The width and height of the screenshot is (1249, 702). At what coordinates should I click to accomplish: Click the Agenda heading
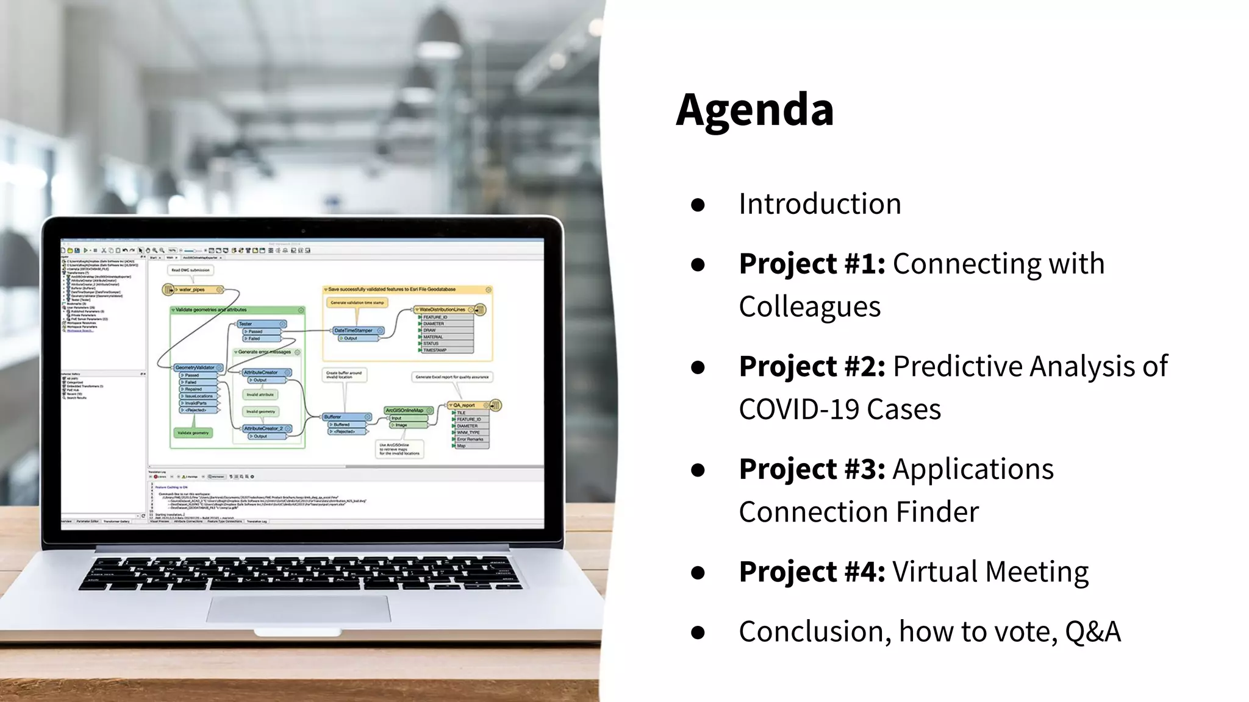click(x=754, y=110)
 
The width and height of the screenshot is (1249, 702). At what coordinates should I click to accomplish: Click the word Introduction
click(x=820, y=204)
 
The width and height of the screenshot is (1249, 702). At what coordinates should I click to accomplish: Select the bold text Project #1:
click(x=812, y=264)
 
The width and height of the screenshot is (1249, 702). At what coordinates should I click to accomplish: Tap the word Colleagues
click(x=809, y=307)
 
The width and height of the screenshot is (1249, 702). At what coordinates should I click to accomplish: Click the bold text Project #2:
click(x=812, y=367)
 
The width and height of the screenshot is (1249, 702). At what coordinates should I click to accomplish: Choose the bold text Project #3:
click(x=812, y=469)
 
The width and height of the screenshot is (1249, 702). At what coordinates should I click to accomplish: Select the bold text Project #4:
click(x=812, y=572)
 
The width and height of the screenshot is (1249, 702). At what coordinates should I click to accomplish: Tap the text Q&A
click(x=1092, y=632)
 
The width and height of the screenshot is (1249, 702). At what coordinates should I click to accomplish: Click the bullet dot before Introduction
click(x=698, y=205)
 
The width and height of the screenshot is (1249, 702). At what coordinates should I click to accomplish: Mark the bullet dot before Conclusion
click(x=698, y=633)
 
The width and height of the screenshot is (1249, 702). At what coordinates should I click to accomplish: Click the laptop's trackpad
click(x=298, y=609)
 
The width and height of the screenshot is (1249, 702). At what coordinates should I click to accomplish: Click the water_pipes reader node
click(x=193, y=289)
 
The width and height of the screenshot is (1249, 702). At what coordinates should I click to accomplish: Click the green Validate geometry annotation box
click(x=193, y=433)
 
